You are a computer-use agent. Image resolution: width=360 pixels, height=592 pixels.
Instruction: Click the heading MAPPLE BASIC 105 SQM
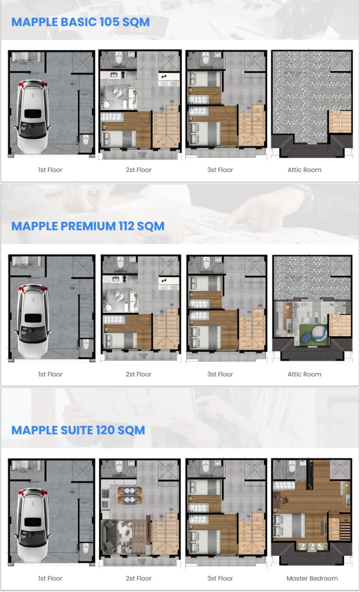(x=80, y=22)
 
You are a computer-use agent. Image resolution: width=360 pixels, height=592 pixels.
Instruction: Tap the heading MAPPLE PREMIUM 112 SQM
(x=88, y=226)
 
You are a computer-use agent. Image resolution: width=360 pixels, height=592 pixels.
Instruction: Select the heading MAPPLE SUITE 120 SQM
(x=78, y=430)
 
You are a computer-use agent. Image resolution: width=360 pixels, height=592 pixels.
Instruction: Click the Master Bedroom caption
(x=312, y=578)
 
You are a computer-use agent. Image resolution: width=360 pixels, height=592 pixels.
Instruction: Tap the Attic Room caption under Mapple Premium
(x=304, y=374)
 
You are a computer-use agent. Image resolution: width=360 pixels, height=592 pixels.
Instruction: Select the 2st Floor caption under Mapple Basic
(x=138, y=170)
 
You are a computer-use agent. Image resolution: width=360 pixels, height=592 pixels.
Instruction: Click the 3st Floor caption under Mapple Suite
(x=220, y=578)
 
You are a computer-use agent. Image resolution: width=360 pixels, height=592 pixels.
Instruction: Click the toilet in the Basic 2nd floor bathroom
(x=119, y=58)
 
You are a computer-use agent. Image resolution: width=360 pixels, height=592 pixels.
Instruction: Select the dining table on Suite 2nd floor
(x=129, y=495)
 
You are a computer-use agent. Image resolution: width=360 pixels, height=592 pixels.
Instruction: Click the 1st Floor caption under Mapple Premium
(x=50, y=374)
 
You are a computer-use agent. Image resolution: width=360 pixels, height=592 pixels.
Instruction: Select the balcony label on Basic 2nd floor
(x=142, y=154)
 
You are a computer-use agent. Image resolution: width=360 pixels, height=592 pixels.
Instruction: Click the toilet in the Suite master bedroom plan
(x=292, y=467)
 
